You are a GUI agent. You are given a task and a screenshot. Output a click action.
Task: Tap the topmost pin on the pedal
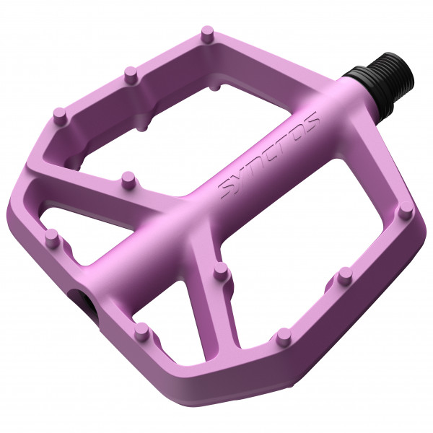pyautogui.click(x=207, y=33)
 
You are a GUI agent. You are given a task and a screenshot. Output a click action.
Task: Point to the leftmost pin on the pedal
pyautogui.click(x=51, y=236)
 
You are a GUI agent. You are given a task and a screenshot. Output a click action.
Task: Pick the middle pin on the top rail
pyautogui.click(x=130, y=73)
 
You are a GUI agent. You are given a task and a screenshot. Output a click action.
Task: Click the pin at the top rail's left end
pyautogui.click(x=60, y=114)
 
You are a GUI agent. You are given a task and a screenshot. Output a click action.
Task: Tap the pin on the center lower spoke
pyautogui.click(x=222, y=271)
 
